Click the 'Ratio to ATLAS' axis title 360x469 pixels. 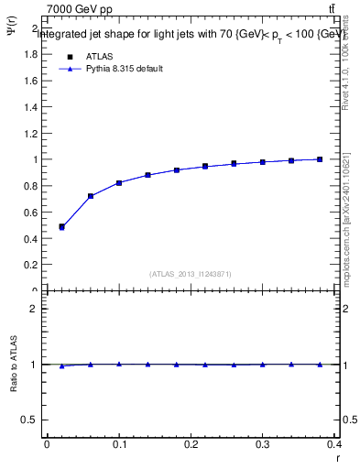click(13, 365)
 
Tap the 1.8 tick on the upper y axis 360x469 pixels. click(29, 54)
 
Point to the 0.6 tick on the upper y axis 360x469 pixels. click(29, 213)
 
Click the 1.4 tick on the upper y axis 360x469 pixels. click(29, 107)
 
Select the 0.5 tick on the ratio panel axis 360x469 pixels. click(29, 420)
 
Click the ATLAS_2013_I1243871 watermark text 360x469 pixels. click(191, 274)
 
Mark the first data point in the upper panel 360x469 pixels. click(61, 227)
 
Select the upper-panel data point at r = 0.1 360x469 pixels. click(119, 183)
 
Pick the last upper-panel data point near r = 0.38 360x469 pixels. click(320, 159)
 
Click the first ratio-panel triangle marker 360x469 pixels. click(61, 366)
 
